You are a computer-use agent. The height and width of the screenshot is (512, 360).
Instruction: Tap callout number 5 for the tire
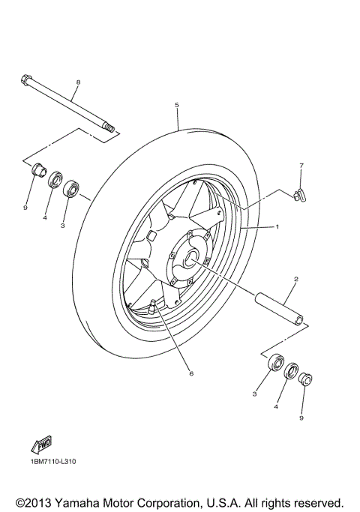(x=176, y=105)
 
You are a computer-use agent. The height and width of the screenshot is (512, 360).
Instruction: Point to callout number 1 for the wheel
(x=276, y=226)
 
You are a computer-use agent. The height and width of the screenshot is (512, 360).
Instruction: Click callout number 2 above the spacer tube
(x=295, y=279)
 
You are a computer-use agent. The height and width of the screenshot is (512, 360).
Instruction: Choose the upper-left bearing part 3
(x=71, y=188)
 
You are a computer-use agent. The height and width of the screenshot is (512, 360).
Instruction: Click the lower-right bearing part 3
(x=275, y=363)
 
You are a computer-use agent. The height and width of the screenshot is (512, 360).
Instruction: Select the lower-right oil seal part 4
(x=290, y=370)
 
